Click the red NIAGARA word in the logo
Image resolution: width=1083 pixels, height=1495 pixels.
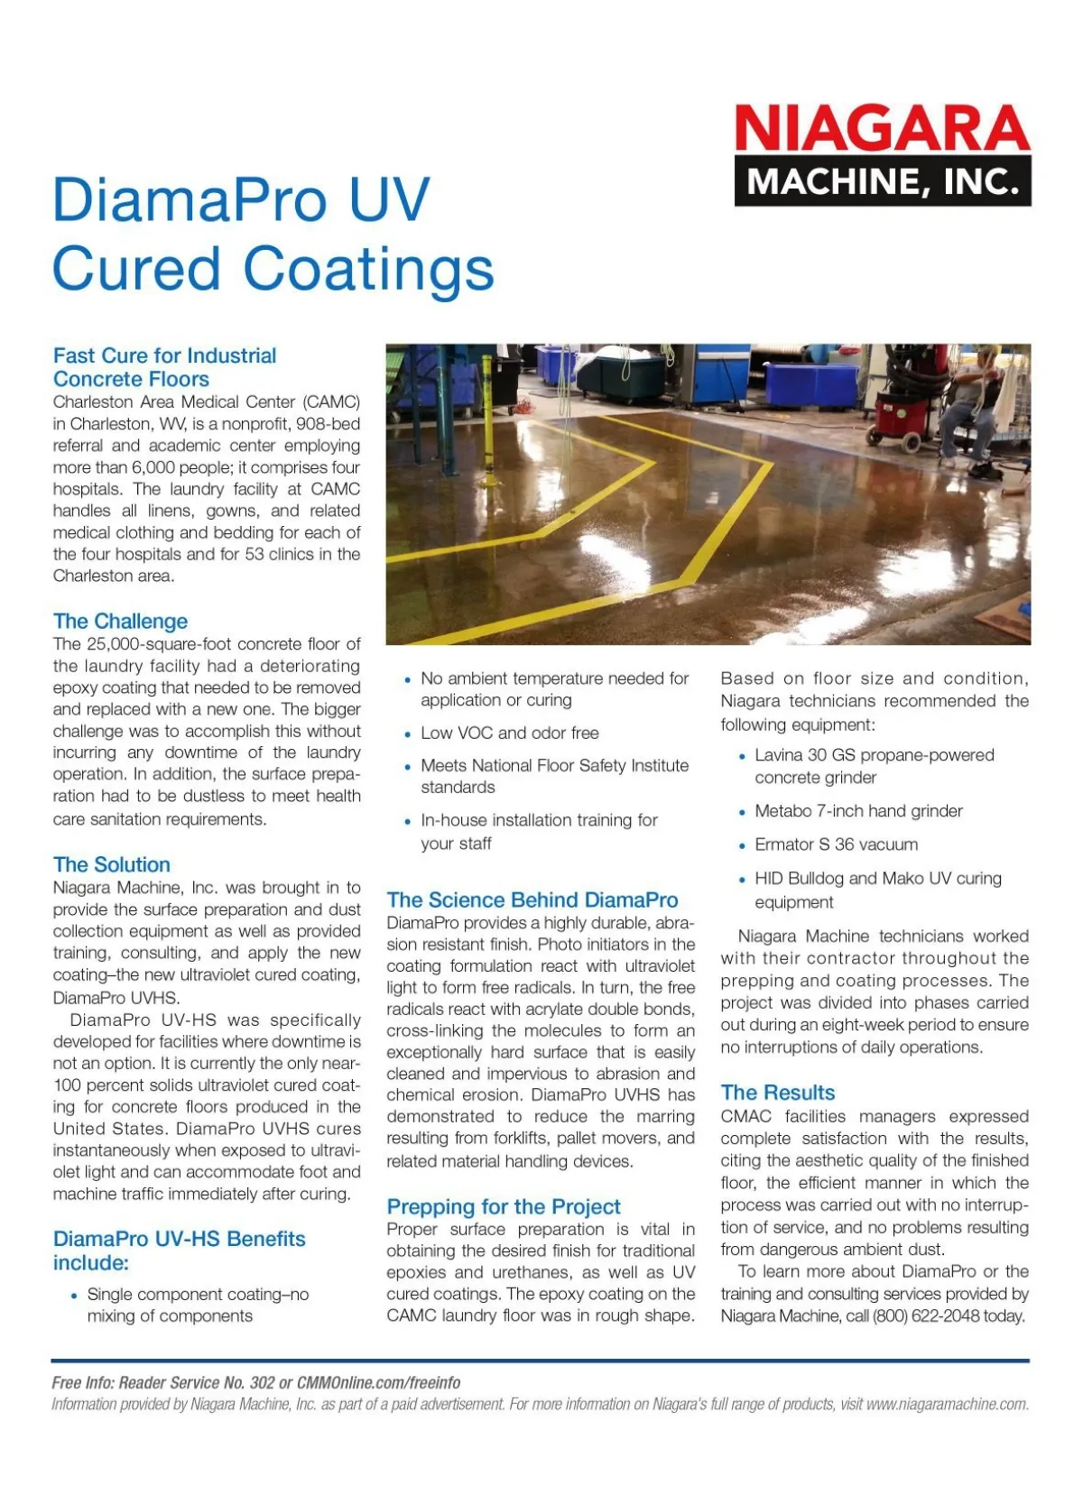click(x=882, y=128)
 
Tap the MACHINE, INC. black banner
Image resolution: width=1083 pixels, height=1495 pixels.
click(x=882, y=181)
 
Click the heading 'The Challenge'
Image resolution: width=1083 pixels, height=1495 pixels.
click(x=120, y=621)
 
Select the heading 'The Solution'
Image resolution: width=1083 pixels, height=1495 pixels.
click(x=111, y=864)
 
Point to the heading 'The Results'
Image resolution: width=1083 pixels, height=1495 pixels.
click(x=777, y=1093)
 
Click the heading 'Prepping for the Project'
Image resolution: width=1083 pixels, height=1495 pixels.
click(x=503, y=1206)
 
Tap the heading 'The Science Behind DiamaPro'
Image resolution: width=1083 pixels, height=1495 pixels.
click(x=532, y=900)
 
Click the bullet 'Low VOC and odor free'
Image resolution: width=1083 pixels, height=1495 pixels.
click(x=509, y=733)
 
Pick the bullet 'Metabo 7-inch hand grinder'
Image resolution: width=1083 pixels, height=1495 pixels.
click(x=858, y=811)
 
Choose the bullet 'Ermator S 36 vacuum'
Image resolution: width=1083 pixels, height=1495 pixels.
click(x=836, y=844)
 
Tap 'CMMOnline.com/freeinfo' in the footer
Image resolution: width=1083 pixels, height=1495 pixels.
click(x=378, y=1382)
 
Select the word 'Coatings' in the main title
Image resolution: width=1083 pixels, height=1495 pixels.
click(x=368, y=270)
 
